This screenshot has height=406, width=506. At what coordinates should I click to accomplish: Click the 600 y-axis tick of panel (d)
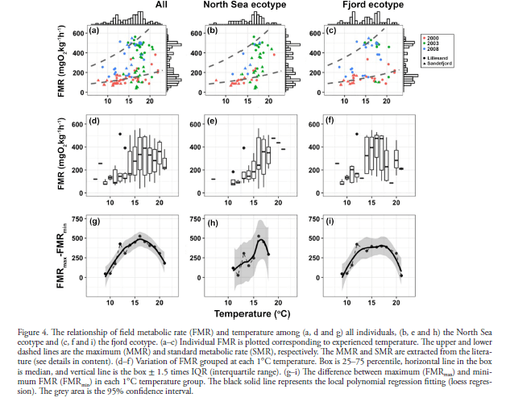78,124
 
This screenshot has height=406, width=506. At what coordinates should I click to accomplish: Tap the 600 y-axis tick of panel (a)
78,33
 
